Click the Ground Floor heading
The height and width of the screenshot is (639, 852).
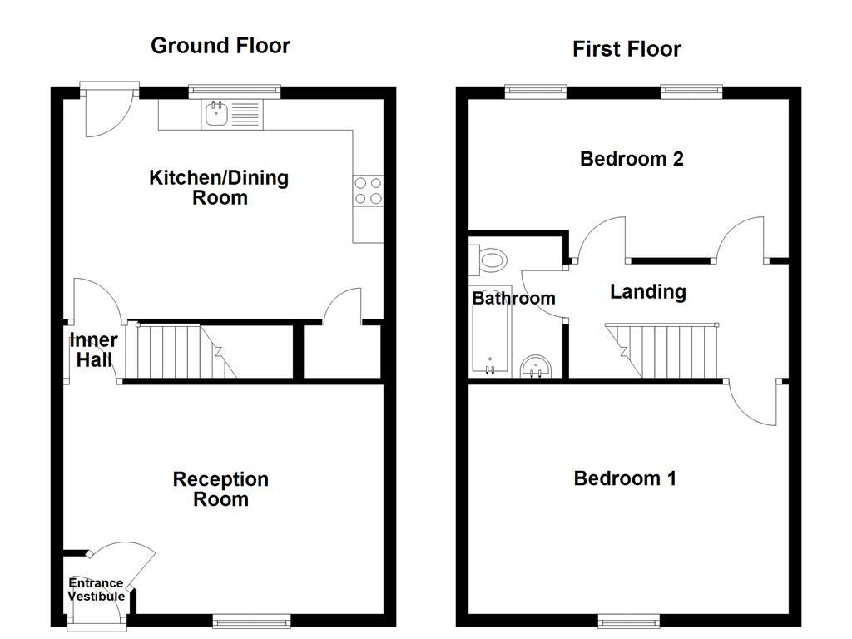[220, 46]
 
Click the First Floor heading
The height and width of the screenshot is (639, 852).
[627, 49]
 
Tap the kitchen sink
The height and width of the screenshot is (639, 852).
[216, 113]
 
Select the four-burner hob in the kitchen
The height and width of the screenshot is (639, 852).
[368, 191]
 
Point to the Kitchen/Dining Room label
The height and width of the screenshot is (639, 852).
[219, 187]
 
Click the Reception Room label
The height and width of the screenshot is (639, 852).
[220, 489]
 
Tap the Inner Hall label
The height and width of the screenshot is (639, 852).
[92, 350]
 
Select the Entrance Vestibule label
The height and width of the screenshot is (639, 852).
[96, 590]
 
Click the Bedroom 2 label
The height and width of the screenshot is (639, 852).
[632, 159]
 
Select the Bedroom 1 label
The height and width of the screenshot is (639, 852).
[625, 478]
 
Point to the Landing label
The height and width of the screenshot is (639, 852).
[647, 292]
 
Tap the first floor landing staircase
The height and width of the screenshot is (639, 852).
[666, 349]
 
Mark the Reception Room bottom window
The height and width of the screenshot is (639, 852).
[251, 620]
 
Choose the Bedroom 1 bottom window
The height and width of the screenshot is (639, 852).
[628, 620]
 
